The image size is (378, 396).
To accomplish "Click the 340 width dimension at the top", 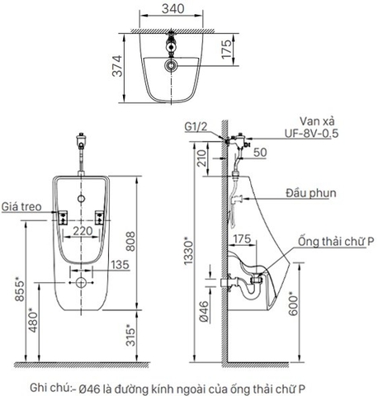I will [172, 10].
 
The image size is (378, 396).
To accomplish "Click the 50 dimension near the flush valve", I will [261, 153].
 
